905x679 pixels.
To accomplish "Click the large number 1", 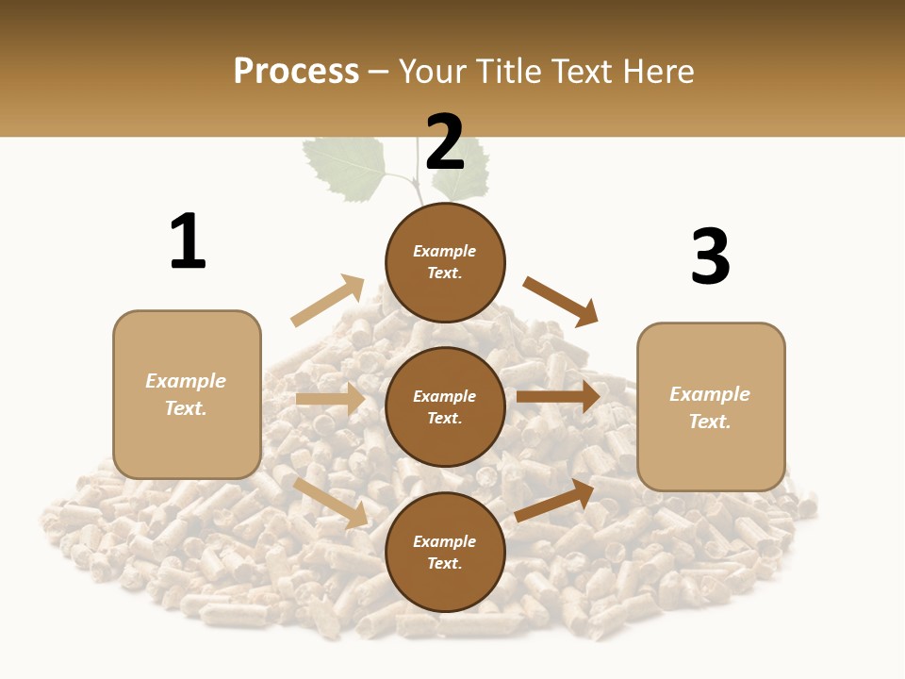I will (x=188, y=241).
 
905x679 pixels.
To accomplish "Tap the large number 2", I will (x=445, y=143).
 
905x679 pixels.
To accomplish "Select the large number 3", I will (x=710, y=257).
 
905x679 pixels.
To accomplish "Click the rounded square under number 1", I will (x=187, y=394).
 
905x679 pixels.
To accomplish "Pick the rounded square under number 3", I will (x=711, y=406).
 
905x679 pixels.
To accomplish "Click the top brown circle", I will (x=445, y=262).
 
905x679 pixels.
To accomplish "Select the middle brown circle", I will (x=445, y=406).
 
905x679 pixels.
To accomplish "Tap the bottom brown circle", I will (x=445, y=552).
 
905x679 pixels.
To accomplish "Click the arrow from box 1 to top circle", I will (x=328, y=301).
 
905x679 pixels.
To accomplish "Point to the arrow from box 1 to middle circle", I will (x=330, y=399).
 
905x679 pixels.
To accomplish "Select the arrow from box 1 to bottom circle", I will (x=331, y=503).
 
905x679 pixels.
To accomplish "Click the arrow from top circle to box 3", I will (x=561, y=301).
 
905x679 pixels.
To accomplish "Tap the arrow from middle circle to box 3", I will (x=558, y=396).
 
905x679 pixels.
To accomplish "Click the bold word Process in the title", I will (x=296, y=71).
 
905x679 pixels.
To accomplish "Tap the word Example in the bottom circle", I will (x=445, y=541).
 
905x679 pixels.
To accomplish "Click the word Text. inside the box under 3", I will (x=710, y=422).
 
